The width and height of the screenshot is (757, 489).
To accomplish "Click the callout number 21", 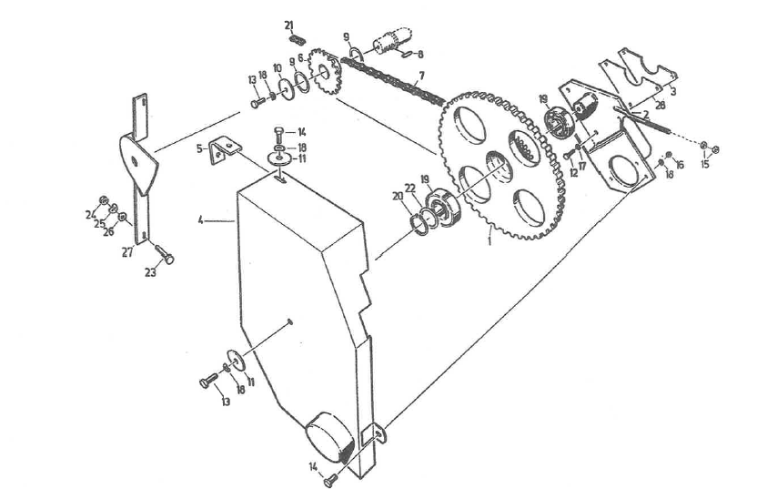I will [288, 25].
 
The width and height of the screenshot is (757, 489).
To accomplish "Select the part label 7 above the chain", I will [420, 76].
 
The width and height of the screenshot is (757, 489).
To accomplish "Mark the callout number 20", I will [396, 196].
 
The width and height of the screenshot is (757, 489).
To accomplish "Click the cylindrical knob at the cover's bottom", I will [331, 437].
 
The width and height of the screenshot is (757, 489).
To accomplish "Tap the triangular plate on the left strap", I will [136, 163].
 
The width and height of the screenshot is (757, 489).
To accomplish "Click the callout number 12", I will [574, 172].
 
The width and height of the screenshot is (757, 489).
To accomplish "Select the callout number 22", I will [410, 188].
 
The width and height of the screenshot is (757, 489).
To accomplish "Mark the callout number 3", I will [672, 92].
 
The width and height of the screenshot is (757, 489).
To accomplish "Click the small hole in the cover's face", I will [289, 320].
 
